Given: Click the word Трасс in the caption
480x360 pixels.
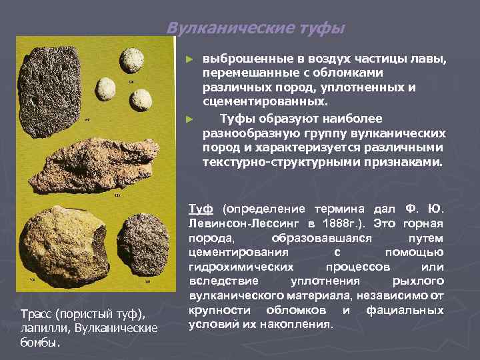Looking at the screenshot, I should click(35, 314).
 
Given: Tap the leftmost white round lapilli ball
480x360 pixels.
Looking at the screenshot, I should click(106, 88).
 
